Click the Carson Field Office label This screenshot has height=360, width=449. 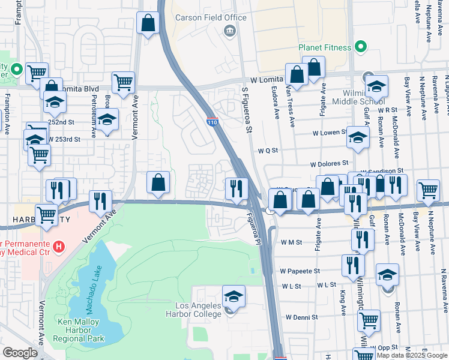pyautogui.click(x=211, y=17)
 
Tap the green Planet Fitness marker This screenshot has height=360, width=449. pyautogui.click(x=360, y=46)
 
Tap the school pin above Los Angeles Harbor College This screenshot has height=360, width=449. pyautogui.click(x=234, y=296)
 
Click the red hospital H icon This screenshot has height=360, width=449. pyautogui.click(x=58, y=246)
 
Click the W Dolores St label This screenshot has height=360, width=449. pyautogui.click(x=329, y=163)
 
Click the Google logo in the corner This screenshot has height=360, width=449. pyautogui.click(x=20, y=352)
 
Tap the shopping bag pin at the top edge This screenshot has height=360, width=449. pyautogui.click(x=148, y=23)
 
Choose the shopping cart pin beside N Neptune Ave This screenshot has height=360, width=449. pyautogui.click(x=428, y=190)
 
